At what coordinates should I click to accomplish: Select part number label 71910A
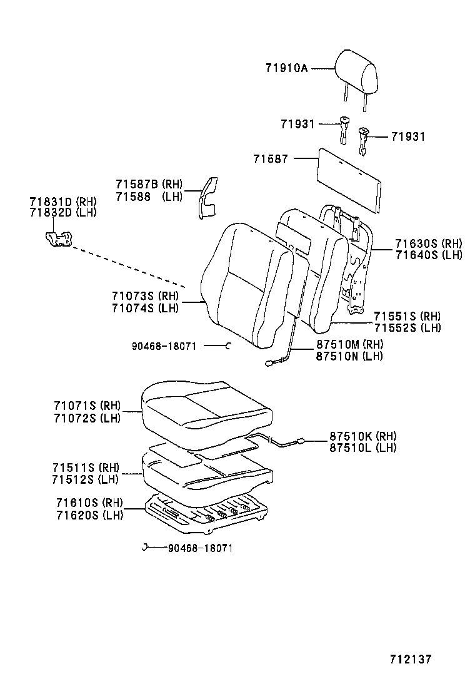(x=286, y=68)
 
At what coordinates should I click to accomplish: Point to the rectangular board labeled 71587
(x=349, y=181)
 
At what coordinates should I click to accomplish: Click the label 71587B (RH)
(x=149, y=184)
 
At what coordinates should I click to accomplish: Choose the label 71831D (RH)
(x=63, y=202)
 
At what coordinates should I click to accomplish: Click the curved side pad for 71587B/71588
(x=207, y=198)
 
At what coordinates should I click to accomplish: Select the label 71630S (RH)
(x=429, y=243)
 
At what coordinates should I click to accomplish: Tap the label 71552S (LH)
(x=407, y=327)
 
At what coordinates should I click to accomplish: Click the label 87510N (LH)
(x=349, y=356)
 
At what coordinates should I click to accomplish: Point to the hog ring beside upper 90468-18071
(x=228, y=345)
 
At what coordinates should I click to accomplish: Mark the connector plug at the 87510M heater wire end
(x=269, y=364)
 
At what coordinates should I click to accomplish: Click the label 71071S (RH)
(x=87, y=406)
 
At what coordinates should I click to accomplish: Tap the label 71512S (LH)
(x=85, y=479)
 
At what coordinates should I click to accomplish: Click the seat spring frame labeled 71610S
(x=206, y=513)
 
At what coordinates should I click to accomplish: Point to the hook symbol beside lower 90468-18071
(x=144, y=547)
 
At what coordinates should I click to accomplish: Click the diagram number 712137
(x=411, y=659)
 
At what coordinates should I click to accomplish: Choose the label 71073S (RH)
(x=145, y=296)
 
